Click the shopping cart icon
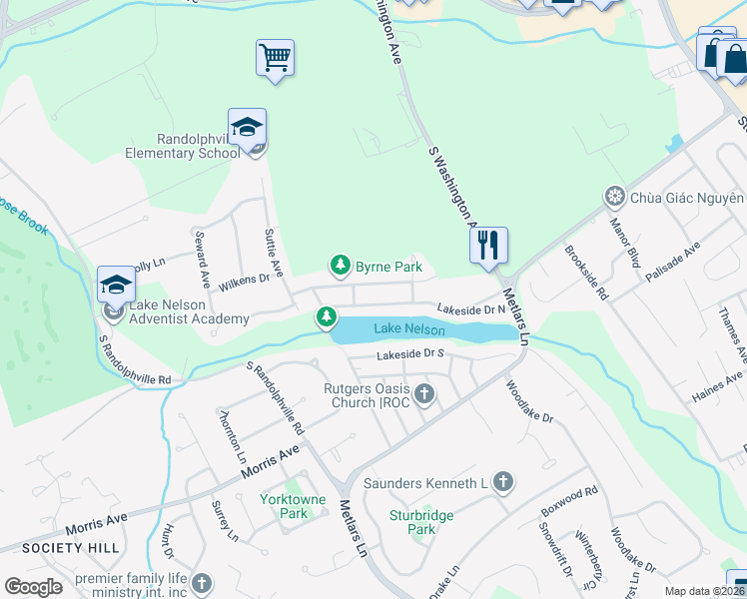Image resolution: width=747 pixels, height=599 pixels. tap(275, 57)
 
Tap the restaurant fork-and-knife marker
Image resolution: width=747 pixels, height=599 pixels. tap(488, 245)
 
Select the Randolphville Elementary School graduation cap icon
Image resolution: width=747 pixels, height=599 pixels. tap(247, 127)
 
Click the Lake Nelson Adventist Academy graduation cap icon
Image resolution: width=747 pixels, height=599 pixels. tap(116, 286)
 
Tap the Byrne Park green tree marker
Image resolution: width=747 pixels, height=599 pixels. tap(341, 265)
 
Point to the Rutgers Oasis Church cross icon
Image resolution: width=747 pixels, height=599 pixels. tap(424, 394)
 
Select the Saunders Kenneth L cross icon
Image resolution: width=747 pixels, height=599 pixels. tap(503, 483)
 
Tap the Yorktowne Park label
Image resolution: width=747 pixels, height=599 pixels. tap(283, 505)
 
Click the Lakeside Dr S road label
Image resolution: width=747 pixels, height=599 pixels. tap(409, 354)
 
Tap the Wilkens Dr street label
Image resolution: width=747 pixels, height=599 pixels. tap(245, 281)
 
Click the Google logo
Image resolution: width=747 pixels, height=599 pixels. tap(33, 587)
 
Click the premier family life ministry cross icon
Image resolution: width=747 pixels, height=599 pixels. tap(202, 583)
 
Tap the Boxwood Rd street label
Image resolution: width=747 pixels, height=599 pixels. tap(569, 501)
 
